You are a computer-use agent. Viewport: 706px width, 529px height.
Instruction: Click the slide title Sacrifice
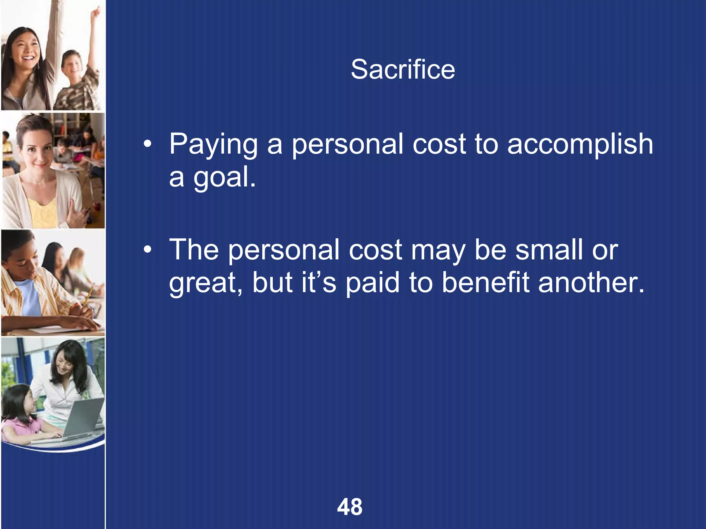click(403, 70)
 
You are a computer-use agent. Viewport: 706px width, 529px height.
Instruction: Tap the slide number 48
click(350, 507)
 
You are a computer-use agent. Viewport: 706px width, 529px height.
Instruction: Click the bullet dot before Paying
click(148, 145)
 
